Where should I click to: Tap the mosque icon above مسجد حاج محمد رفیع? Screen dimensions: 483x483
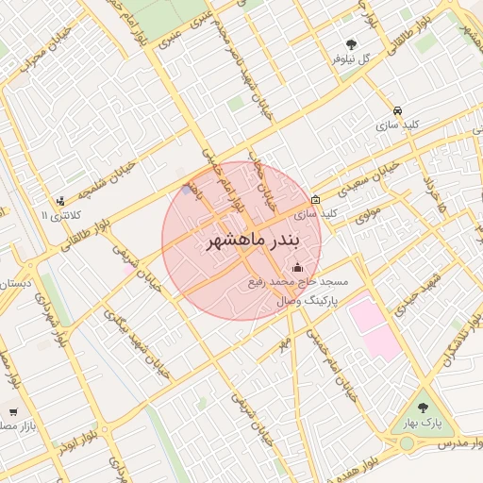tap(299, 267)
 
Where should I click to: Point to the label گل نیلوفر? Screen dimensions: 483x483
tap(354, 58)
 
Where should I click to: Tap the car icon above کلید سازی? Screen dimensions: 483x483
tap(397, 109)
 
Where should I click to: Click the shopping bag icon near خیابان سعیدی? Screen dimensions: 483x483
tap(315, 199)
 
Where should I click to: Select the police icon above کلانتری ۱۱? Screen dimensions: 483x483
tap(61, 200)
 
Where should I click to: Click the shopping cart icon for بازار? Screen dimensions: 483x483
tap(13, 411)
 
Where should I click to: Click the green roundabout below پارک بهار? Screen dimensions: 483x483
tap(407, 444)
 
